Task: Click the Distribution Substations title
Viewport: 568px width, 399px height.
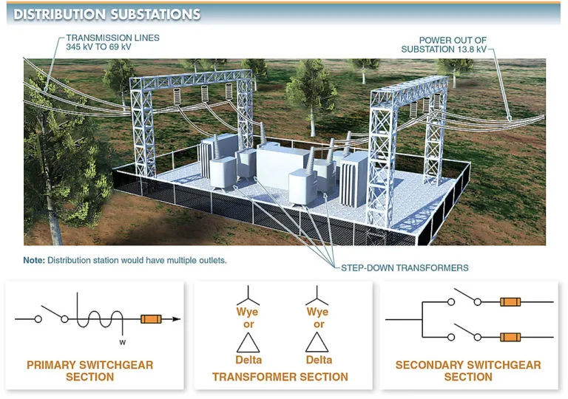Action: point(106,14)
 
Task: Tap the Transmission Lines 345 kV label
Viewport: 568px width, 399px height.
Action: point(112,42)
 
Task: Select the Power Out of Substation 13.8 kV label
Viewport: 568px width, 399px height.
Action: point(444,44)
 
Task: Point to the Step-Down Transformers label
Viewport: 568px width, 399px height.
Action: point(405,268)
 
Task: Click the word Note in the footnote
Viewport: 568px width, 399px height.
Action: point(34,260)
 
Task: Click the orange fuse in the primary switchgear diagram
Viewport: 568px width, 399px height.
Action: point(151,319)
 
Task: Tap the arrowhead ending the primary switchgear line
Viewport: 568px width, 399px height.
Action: point(177,319)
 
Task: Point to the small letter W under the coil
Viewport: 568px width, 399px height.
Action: point(123,342)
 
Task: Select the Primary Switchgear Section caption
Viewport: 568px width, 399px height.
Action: point(89,371)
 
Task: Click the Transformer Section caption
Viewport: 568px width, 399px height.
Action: point(280,377)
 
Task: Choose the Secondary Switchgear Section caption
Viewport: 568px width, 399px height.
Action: point(468,371)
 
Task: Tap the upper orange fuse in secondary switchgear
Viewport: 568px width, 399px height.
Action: point(510,301)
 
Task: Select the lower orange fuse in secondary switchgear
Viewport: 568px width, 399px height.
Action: point(510,337)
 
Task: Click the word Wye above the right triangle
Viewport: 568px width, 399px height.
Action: point(318,312)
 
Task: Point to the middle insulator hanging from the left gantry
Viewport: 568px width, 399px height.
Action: point(205,93)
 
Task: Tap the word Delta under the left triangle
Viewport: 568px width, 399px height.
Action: point(248,360)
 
